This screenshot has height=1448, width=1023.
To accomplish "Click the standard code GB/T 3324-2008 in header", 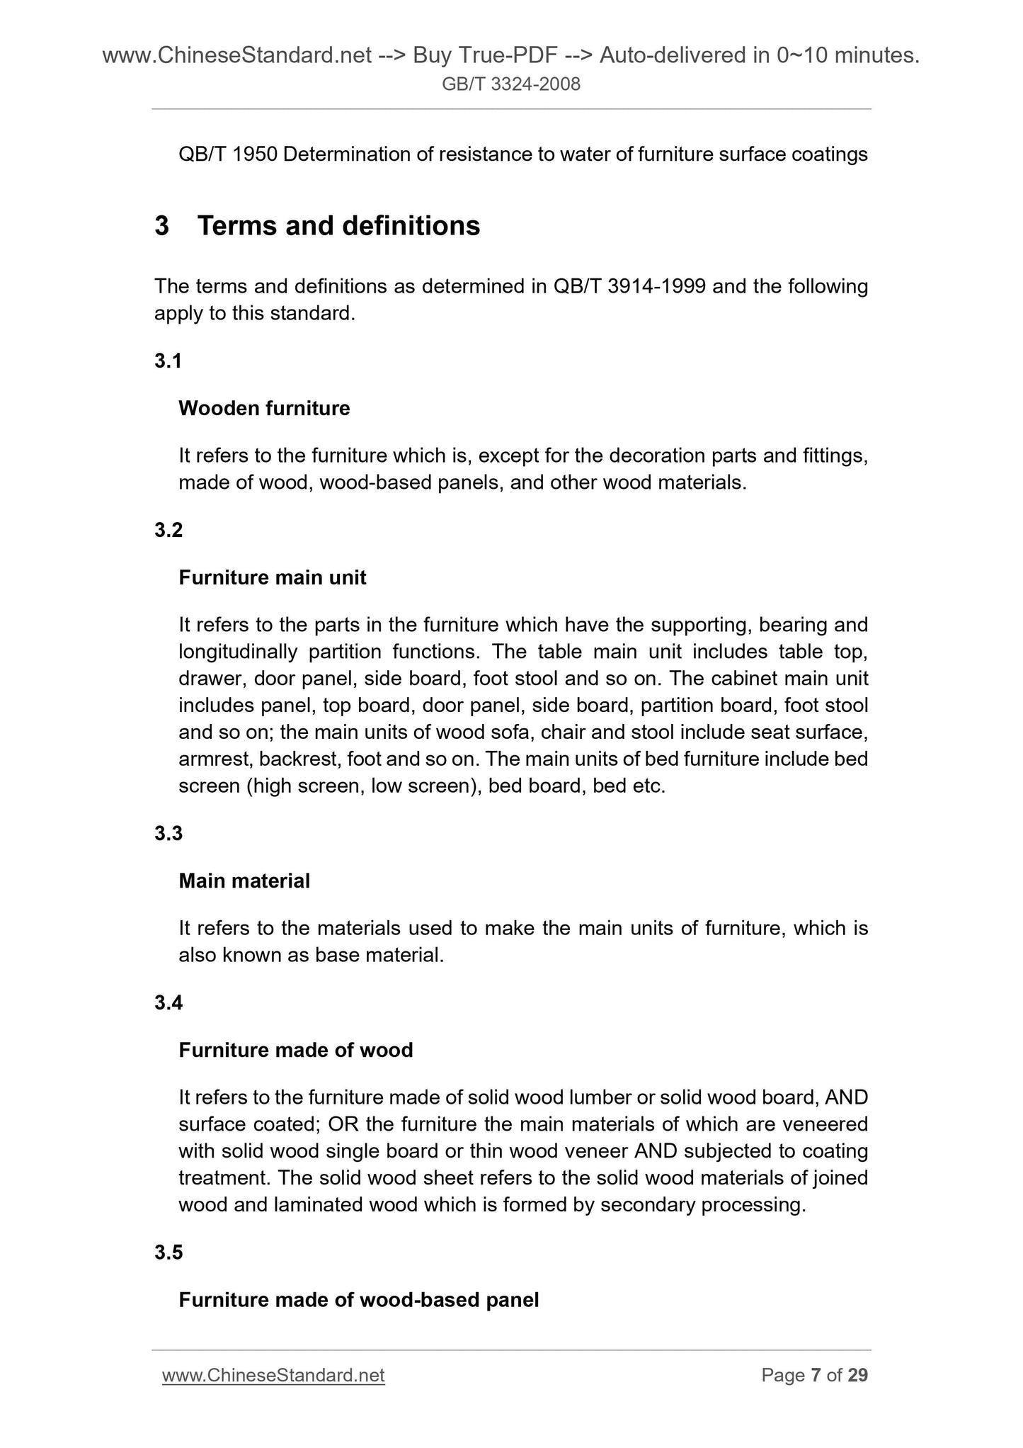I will [511, 84].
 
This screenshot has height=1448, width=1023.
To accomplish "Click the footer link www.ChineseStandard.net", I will [273, 1375].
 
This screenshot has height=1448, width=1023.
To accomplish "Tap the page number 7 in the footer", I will [816, 1375].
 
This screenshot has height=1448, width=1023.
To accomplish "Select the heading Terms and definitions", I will [338, 226].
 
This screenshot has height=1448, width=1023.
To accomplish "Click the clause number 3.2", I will [168, 530].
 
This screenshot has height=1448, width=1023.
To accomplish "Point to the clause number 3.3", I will [168, 833].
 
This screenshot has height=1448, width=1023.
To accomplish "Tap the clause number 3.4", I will [168, 1002].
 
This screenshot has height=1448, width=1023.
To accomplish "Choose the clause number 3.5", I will [168, 1252].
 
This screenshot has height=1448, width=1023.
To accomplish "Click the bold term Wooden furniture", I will [264, 408].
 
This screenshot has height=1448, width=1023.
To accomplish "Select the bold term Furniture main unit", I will [273, 577].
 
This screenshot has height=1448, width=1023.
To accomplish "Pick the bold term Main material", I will [244, 881].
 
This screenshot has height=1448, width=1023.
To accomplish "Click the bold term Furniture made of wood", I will [296, 1050].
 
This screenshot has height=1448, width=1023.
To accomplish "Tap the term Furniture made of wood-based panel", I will [359, 1300].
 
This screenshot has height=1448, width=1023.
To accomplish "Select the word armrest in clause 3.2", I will [214, 759].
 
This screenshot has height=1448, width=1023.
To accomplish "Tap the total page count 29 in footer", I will [857, 1375].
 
